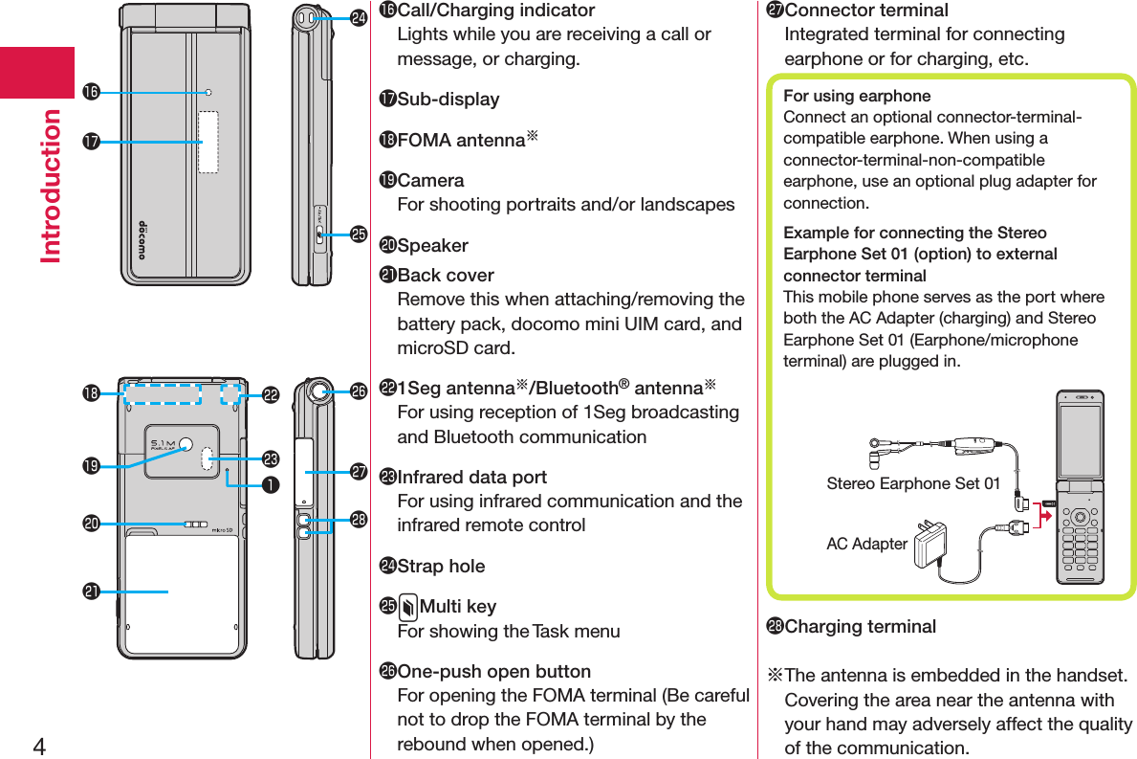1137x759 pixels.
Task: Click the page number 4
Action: click(x=39, y=746)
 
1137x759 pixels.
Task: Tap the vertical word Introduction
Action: click(x=50, y=187)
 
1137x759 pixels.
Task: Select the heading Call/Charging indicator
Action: click(x=496, y=11)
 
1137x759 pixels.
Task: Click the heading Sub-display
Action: click(x=448, y=99)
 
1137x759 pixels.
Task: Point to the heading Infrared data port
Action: click(x=472, y=477)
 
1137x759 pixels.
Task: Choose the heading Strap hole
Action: click(x=441, y=566)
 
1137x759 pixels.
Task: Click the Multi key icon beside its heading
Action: click(x=408, y=607)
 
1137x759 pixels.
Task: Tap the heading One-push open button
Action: click(x=493, y=671)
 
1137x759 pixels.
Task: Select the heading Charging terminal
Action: click(x=860, y=626)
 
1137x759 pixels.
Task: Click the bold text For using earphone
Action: click(x=857, y=96)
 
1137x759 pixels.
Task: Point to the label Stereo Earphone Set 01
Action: click(x=913, y=483)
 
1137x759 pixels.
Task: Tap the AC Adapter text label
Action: click(x=866, y=544)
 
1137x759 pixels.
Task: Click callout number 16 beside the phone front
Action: click(x=91, y=92)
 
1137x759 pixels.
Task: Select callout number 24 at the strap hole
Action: click(x=359, y=17)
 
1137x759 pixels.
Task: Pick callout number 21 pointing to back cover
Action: click(x=91, y=592)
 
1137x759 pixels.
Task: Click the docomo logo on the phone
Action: click(x=142, y=239)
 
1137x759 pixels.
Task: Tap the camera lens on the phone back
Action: click(x=186, y=444)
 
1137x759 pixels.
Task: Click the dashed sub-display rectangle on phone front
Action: click(x=208, y=143)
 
